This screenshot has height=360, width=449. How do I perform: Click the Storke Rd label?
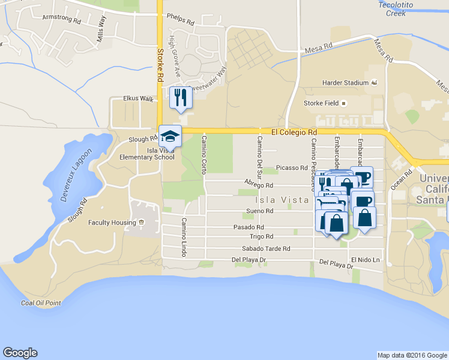click(160, 65)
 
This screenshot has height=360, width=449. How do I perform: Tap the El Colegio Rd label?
click(294, 131)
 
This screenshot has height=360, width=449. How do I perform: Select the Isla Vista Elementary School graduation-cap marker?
click(170, 136)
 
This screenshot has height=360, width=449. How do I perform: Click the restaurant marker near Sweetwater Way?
click(181, 97)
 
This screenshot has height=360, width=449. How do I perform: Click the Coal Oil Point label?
click(41, 303)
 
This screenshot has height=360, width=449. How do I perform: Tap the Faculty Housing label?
click(112, 223)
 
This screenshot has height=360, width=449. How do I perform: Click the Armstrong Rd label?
click(61, 19)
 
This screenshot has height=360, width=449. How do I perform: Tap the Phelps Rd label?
click(181, 20)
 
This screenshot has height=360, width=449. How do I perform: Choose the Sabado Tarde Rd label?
click(266, 248)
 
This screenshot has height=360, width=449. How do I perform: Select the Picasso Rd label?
click(292, 169)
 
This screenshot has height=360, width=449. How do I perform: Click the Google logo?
click(20, 353)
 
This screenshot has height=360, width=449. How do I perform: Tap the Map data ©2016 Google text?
click(411, 355)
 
